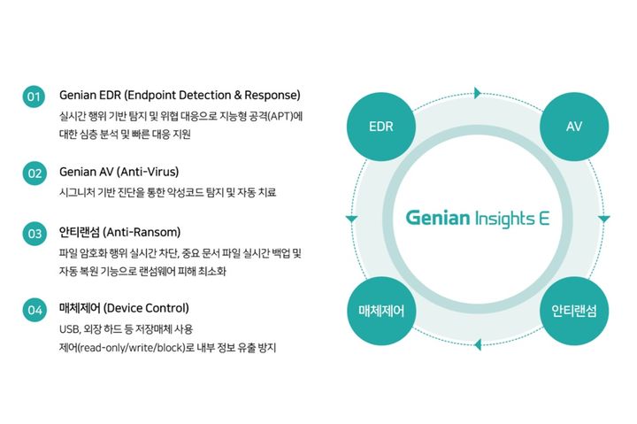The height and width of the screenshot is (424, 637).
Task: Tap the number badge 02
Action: tap(35, 173)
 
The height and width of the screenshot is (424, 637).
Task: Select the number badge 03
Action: tap(35, 235)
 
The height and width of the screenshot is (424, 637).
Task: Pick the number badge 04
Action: tap(35, 310)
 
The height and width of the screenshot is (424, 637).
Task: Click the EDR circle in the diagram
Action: tap(380, 126)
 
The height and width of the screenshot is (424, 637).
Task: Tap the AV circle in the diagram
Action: tap(573, 126)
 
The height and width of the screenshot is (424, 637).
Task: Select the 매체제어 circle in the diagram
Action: tap(380, 311)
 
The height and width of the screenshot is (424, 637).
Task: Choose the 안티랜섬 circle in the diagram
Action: tap(573, 311)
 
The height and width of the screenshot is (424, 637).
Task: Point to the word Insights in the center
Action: tap(505, 218)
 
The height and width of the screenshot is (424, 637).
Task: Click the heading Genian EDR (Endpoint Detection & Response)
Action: tap(180, 95)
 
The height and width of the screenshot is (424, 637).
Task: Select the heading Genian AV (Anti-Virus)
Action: tap(119, 172)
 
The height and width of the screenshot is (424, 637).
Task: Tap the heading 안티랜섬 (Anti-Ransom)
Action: tap(119, 233)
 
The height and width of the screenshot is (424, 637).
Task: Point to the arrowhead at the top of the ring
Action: tap(478, 92)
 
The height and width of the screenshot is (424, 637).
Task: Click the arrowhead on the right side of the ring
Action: tap(604, 218)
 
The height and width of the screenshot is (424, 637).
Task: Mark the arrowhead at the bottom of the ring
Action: tap(478, 344)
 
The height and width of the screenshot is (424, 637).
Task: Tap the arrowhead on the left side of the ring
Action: tap(351, 218)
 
